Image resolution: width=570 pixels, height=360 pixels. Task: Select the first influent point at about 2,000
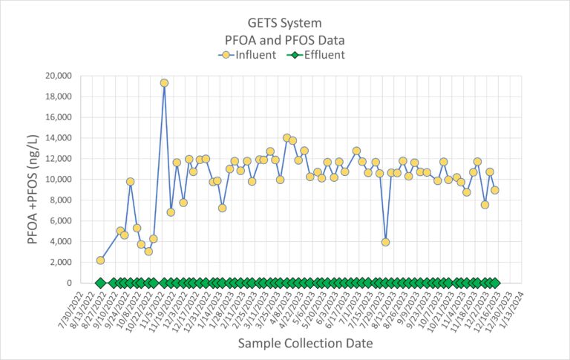click(x=100, y=261)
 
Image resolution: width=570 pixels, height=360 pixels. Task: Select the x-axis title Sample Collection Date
click(x=305, y=344)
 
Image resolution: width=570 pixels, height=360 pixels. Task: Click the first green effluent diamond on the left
click(x=100, y=283)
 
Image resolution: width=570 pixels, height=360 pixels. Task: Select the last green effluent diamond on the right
click(x=495, y=283)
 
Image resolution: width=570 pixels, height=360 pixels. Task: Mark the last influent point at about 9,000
click(x=495, y=190)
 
